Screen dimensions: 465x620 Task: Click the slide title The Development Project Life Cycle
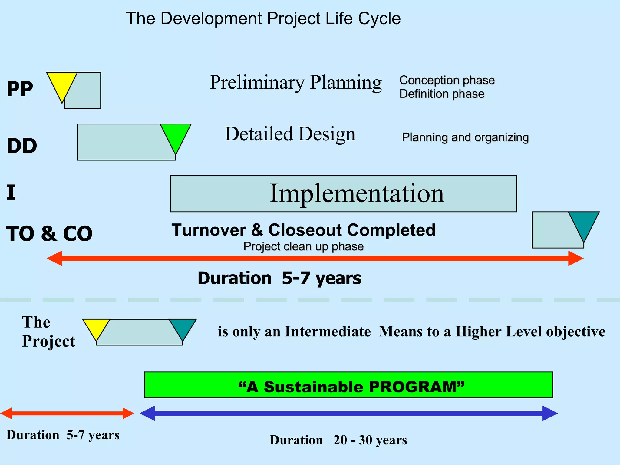tap(263, 19)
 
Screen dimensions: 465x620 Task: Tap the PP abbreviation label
tap(20, 89)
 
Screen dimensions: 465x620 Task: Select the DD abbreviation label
tap(22, 146)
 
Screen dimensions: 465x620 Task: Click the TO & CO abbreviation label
tap(49, 234)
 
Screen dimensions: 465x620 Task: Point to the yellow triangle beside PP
tap(62, 83)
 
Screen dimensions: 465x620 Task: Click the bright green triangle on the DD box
tap(176, 135)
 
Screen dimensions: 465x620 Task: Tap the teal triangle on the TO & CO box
tap(584, 223)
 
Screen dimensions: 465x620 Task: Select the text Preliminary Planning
tap(295, 82)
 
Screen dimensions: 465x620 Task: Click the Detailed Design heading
tap(290, 134)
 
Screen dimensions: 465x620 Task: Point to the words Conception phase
tap(447, 80)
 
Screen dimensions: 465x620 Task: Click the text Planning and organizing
tap(465, 137)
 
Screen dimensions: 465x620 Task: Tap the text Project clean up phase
tap(303, 246)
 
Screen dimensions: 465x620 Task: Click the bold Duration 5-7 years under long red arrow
tap(279, 278)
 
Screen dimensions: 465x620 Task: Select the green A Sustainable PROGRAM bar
tap(348, 385)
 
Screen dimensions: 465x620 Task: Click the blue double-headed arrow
tap(348, 413)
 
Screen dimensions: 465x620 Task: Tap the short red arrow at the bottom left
tap(67, 413)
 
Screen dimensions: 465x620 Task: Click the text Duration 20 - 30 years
tap(338, 440)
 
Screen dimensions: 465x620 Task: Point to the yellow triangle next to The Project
tap(96, 328)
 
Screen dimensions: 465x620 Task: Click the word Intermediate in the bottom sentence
tap(328, 331)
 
